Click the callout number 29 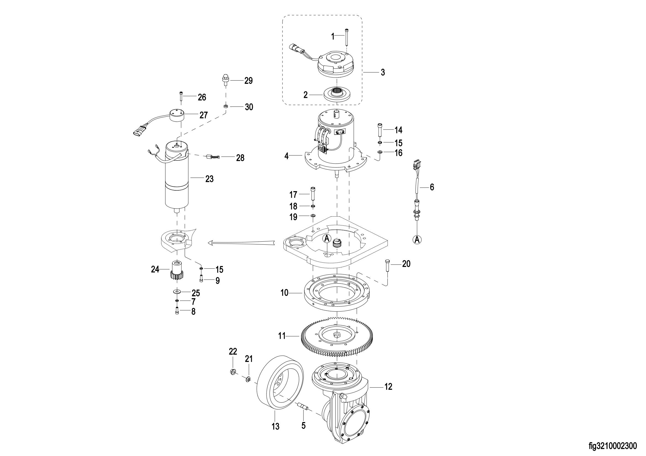(249, 81)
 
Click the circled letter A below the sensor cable (417, 239)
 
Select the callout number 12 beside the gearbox (388, 387)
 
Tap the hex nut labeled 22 (232, 372)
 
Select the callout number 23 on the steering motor (209, 179)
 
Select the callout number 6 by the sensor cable (432, 187)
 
